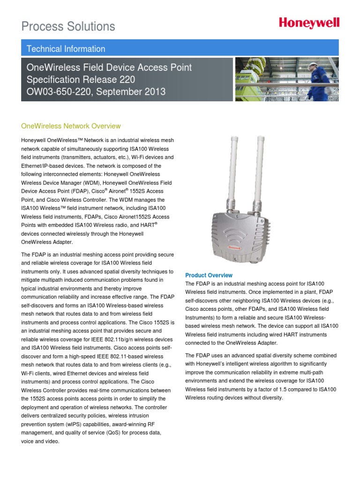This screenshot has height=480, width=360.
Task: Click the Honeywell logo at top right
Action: click(x=309, y=24)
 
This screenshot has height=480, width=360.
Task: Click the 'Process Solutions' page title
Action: click(x=68, y=26)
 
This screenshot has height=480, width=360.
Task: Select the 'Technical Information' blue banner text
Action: click(x=66, y=49)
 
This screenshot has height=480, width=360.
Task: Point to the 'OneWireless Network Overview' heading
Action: click(x=71, y=126)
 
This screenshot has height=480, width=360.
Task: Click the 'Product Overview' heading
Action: click(x=209, y=275)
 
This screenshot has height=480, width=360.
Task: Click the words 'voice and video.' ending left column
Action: click(x=40, y=441)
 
